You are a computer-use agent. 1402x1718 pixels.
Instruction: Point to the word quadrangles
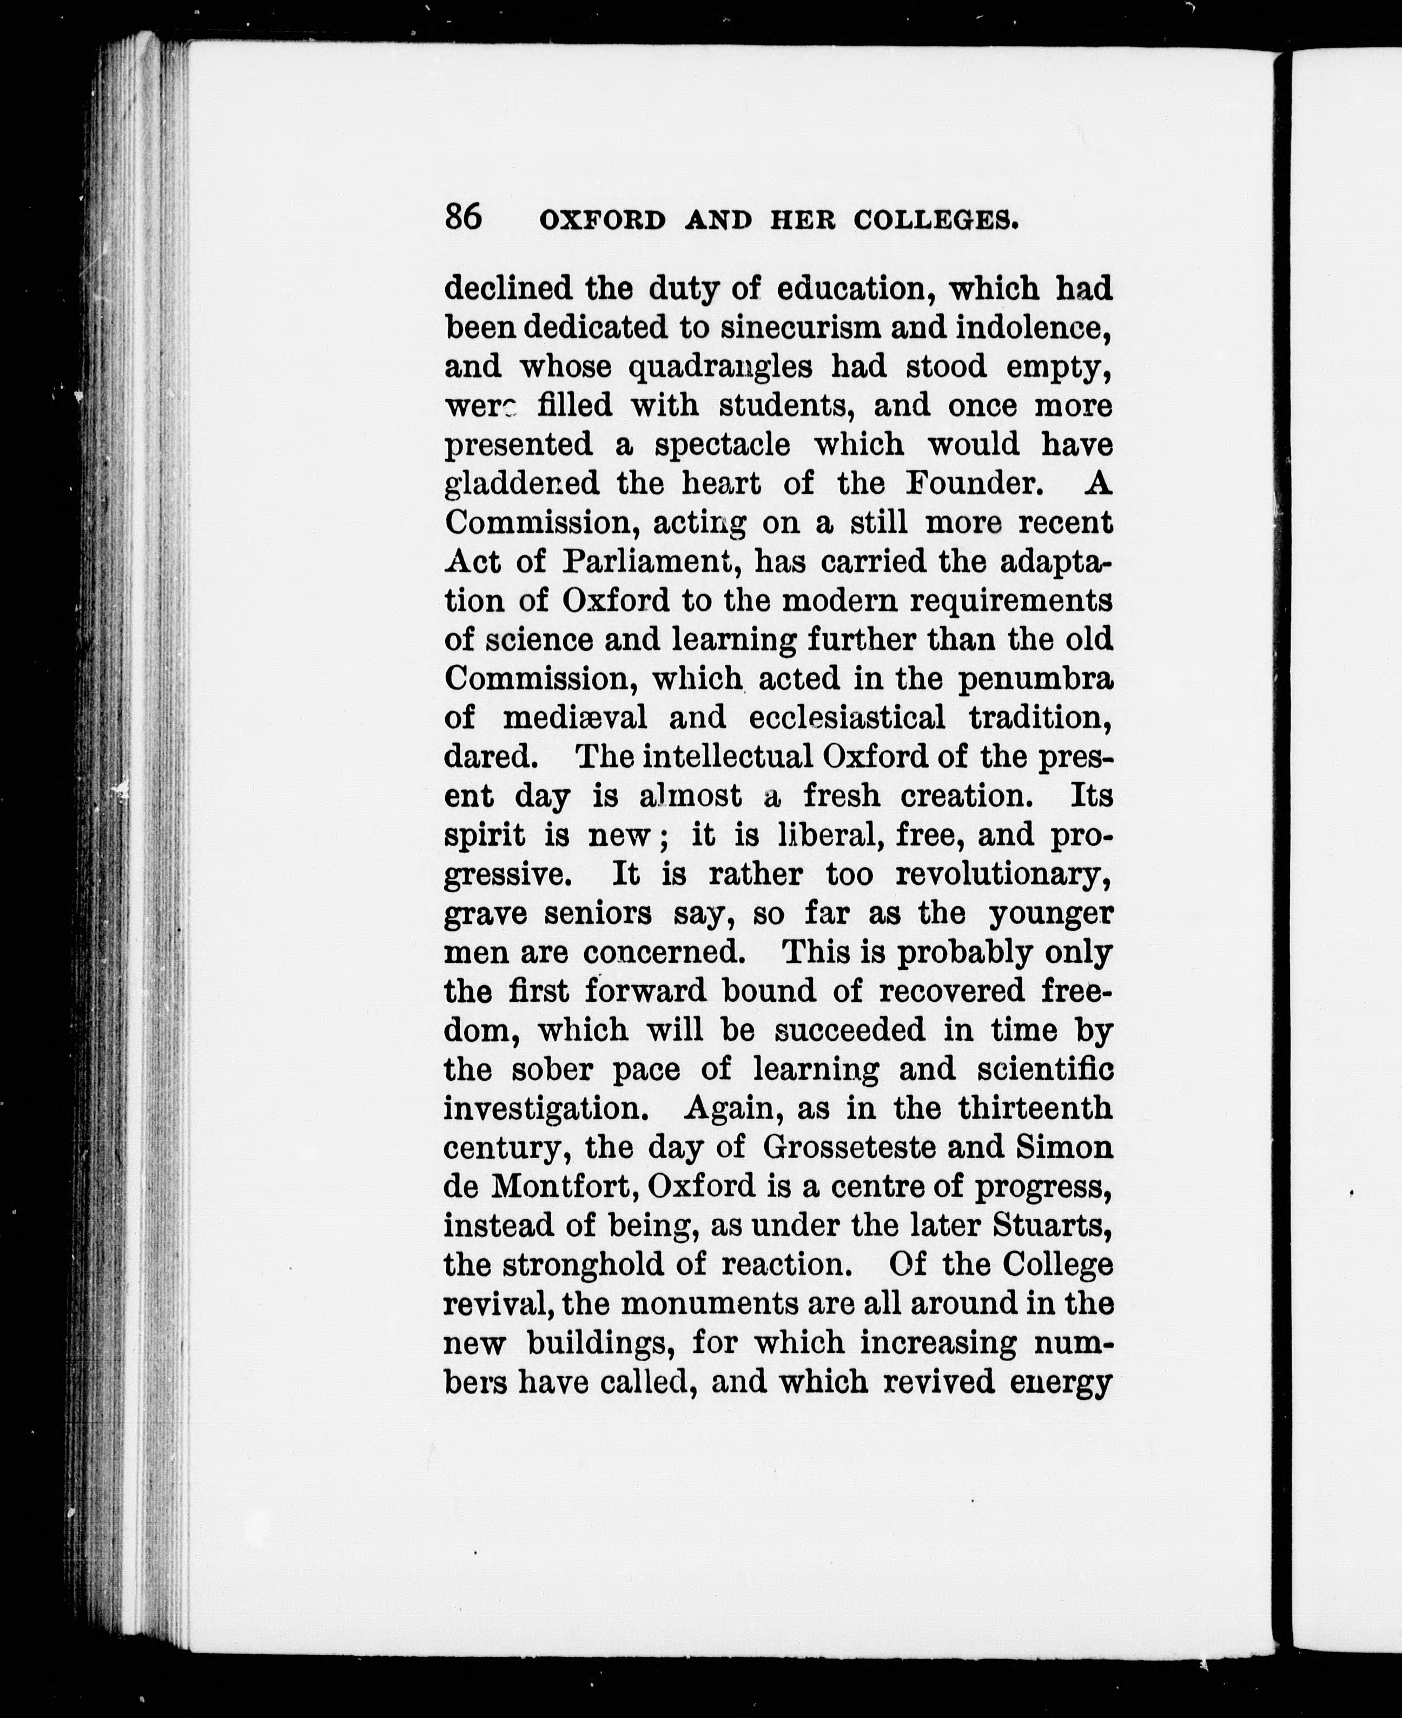(x=720, y=367)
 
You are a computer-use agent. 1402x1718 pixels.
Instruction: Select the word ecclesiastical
(x=847, y=717)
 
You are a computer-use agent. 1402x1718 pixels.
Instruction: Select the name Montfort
(x=565, y=1186)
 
